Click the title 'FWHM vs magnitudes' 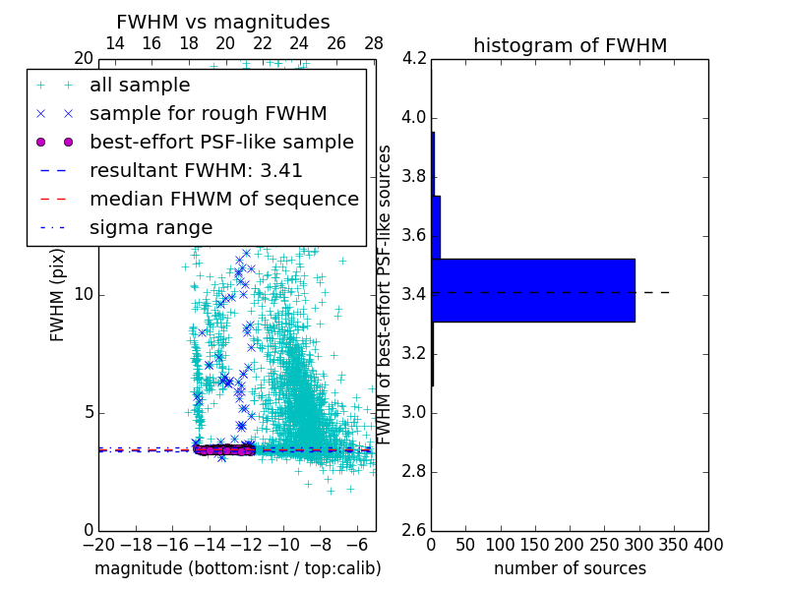pos(223,22)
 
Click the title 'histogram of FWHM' pos(570,45)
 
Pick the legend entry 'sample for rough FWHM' pos(208,113)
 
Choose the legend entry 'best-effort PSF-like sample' pos(221,142)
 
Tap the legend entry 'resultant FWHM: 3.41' pos(196,170)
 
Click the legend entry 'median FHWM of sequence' pos(223,199)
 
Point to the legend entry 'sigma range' pos(151,227)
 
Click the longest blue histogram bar pos(532,290)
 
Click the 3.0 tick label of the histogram pos(414,412)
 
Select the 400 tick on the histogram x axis pos(708,545)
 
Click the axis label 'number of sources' pos(570,568)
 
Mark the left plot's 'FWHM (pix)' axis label pos(58,294)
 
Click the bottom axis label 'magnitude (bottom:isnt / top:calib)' pos(237,568)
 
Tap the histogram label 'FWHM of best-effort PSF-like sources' pos(386,294)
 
